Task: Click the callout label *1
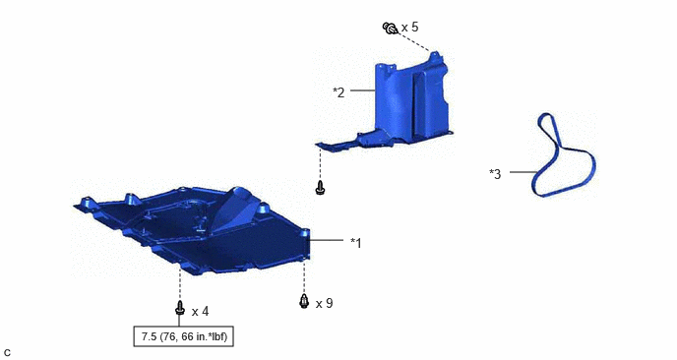tap(356, 243)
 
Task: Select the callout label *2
tap(338, 92)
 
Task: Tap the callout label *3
tap(495, 174)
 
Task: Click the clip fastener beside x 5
tap(390, 29)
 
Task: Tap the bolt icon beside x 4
tap(180, 308)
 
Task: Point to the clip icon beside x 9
tap(304, 301)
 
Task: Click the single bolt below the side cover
tap(320, 188)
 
